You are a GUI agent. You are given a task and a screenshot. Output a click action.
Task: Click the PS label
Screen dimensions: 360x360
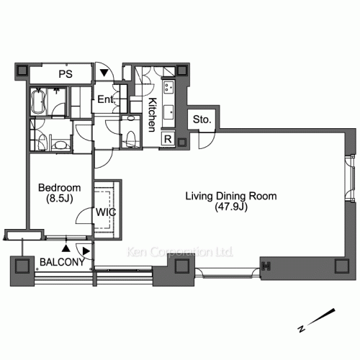coord(66,74)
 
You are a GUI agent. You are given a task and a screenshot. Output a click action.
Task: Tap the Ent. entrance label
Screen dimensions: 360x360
coord(107,99)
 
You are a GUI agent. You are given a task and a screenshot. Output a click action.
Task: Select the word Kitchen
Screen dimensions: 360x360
coord(152,114)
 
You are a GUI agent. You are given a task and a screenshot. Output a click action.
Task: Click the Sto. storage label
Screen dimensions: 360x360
coord(202,120)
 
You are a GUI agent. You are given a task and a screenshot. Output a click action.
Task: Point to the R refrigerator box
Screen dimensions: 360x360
coord(168,139)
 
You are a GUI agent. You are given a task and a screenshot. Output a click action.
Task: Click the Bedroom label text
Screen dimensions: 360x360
coord(59,188)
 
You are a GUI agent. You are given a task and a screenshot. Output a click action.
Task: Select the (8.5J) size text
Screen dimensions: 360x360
coord(59,199)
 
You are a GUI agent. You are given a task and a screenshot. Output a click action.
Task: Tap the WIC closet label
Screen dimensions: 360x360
coord(106,212)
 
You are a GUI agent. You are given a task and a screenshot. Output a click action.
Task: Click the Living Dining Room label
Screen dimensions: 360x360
coord(231,196)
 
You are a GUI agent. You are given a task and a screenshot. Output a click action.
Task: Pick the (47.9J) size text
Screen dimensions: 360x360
coord(231,207)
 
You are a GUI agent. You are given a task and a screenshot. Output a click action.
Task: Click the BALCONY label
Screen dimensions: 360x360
coord(62,262)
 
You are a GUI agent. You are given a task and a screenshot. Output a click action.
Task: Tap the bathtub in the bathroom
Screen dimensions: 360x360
coord(38,101)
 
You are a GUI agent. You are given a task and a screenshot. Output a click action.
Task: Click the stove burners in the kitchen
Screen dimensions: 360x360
coord(168,87)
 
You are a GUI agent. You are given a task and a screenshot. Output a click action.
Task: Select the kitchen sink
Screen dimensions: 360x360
coord(168,112)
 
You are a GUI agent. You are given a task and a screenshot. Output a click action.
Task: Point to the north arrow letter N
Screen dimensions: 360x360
coord(302,328)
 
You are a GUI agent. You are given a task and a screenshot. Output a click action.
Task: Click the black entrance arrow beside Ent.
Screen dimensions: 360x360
coord(104,73)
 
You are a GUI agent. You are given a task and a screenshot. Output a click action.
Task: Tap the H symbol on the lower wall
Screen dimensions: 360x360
coord(266,266)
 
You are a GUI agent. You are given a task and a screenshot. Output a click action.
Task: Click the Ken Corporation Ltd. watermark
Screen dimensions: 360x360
coord(179,252)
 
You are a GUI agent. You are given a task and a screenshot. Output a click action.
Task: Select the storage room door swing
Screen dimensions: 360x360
coord(207,140)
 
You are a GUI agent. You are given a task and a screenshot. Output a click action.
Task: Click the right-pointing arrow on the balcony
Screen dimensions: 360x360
coord(86,251)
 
